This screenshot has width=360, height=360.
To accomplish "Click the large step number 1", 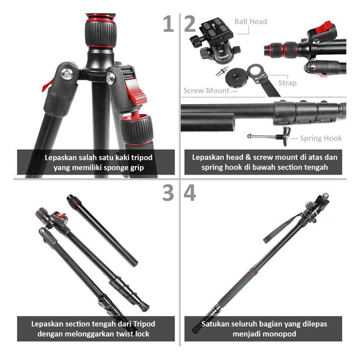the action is (169, 24).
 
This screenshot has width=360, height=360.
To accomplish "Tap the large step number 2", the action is (190, 24).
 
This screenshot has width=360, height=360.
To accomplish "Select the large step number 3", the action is (168, 193).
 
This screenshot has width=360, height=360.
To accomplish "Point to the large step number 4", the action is (190, 193).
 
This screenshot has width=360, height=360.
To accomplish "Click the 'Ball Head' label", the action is (251, 22).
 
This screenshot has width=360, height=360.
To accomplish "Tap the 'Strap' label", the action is (288, 83).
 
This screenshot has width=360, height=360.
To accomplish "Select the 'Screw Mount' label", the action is (206, 90).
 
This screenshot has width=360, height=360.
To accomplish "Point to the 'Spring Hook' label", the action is (321, 138).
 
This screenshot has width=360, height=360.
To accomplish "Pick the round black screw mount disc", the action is (237, 77).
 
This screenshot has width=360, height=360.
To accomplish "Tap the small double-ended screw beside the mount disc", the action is (222, 71).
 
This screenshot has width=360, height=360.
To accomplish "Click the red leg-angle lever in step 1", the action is (135, 92).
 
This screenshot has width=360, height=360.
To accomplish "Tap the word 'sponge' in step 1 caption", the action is (117, 168).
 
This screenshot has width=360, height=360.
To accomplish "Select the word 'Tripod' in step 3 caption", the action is (144, 324).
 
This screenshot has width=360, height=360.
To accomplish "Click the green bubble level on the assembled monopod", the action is (326, 196).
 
